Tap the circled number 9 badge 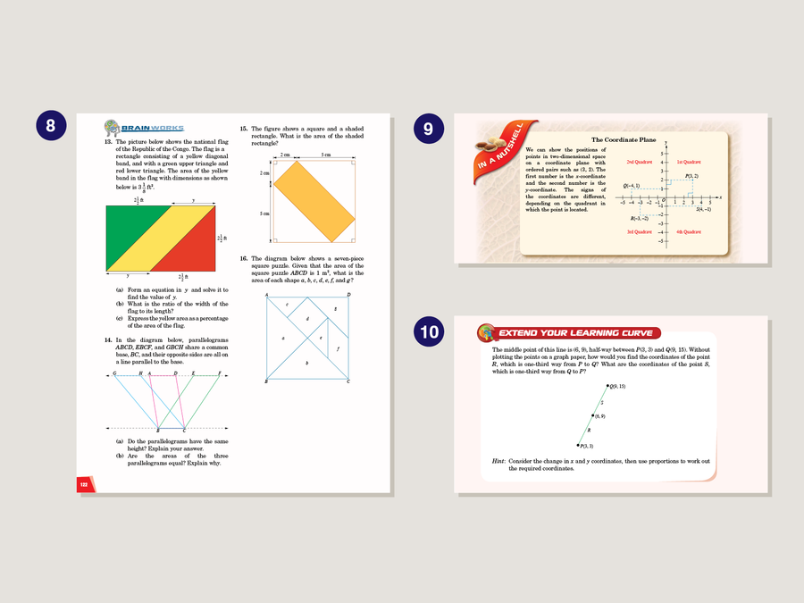[x=428, y=128]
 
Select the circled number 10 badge [x=430, y=332]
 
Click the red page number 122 [x=83, y=483]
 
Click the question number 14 [x=107, y=340]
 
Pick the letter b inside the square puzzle [x=307, y=363]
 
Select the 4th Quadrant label [x=689, y=231]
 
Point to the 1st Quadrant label [x=689, y=162]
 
